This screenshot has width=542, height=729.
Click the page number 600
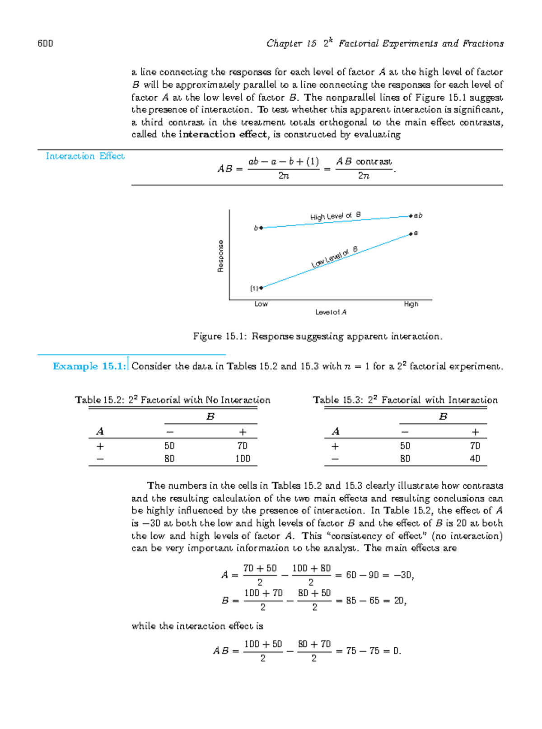[x=45, y=43]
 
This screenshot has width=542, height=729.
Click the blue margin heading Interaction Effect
[x=85, y=156]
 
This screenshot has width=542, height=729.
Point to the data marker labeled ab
[x=411, y=216]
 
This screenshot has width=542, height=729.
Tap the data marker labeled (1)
[x=261, y=288]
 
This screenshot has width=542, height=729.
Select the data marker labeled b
[x=261, y=228]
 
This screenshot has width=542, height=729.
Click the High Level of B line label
[x=335, y=216]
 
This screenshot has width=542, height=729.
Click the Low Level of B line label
[x=335, y=257]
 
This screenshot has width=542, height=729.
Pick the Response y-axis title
[x=220, y=256]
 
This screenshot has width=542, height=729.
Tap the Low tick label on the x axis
[x=261, y=304]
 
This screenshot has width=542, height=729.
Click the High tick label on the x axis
[x=411, y=304]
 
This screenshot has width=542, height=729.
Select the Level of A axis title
[x=331, y=313]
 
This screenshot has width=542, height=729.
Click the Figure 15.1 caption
[x=318, y=336]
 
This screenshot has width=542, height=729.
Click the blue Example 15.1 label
[x=89, y=366]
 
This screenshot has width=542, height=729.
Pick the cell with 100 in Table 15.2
[x=243, y=459]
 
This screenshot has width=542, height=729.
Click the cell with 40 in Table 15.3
[x=475, y=459]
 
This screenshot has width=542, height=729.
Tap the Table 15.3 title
[x=405, y=400]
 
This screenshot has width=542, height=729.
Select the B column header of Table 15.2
[x=210, y=417]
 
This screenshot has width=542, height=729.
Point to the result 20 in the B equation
[x=399, y=601]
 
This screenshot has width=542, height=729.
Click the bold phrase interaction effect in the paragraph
[x=223, y=135]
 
